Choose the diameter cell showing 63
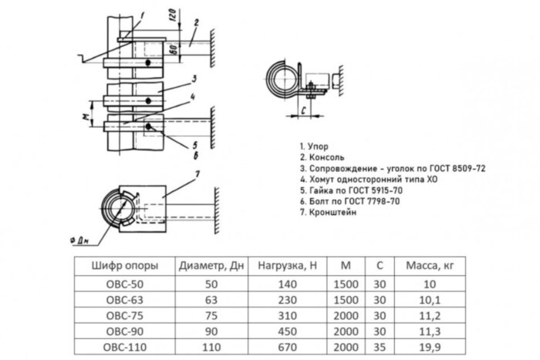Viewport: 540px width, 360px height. point(210,299)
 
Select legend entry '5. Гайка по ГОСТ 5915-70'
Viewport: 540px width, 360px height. point(351,189)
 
